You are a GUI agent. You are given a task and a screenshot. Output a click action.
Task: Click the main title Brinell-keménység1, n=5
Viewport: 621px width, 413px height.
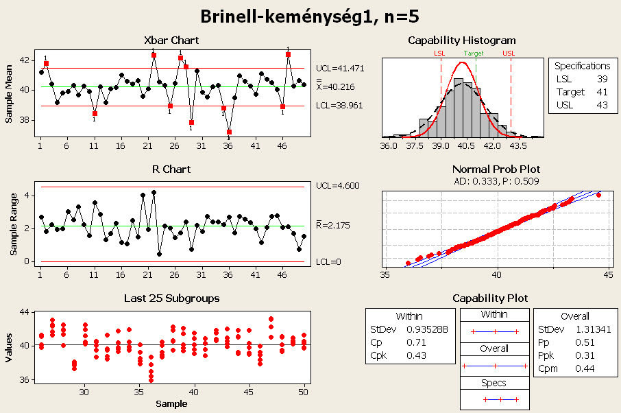[x=310, y=16]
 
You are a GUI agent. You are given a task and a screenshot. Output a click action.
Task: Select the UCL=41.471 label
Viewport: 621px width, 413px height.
[x=345, y=69]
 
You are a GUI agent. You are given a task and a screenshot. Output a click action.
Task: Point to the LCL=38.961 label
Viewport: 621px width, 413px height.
[x=345, y=106]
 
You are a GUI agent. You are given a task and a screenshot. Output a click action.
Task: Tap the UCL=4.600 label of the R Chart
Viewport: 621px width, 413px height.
[x=343, y=186]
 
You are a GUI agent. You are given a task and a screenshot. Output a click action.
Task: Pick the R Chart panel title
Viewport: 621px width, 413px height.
[x=171, y=169]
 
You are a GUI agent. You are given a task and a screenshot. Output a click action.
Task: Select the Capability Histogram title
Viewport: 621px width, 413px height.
[x=461, y=40]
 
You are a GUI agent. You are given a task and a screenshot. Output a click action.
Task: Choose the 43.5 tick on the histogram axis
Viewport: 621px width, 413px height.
[x=516, y=146]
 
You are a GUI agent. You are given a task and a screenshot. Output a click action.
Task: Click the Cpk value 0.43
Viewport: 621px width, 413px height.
[x=417, y=355]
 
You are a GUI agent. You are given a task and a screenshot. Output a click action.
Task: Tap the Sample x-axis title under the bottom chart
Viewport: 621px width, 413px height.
[x=171, y=403]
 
